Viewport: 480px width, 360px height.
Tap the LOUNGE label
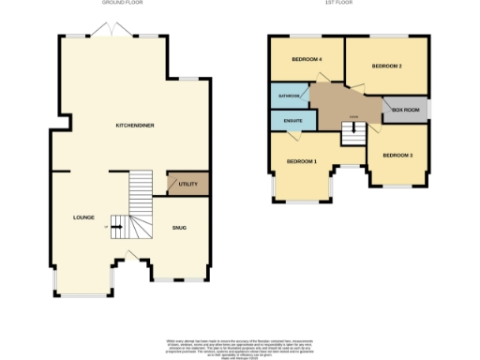coord(84,217)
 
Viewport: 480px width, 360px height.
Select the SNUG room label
coord(179,228)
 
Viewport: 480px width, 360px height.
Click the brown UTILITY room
coord(187,184)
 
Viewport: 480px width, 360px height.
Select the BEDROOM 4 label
coord(307,60)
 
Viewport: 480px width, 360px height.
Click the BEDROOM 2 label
coord(386,67)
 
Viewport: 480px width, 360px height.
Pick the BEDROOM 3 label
coord(398,155)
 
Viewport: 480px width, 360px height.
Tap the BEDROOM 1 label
coord(301,162)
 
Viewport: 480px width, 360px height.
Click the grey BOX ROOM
coord(404,110)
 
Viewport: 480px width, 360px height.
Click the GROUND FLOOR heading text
coord(121,4)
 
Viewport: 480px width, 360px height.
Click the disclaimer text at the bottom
coord(240,344)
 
